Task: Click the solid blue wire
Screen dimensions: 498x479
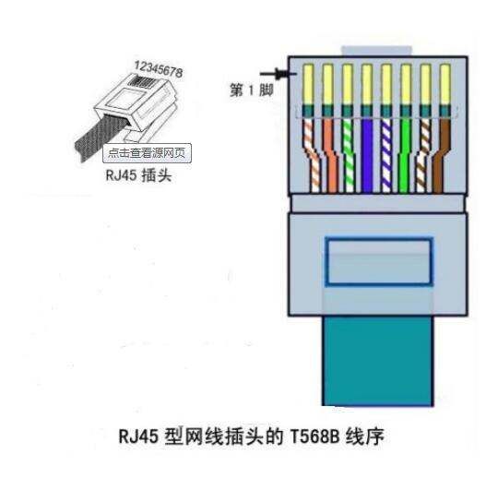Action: (x=367, y=155)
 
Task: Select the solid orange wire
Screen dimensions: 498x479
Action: (x=330, y=155)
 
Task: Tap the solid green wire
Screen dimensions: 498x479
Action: (x=405, y=155)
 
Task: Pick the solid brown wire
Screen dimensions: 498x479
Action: (x=441, y=155)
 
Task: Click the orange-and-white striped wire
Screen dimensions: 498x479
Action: (x=312, y=155)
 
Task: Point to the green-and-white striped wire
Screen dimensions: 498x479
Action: (x=348, y=155)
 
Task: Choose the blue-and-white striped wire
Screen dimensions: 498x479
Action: (x=386, y=155)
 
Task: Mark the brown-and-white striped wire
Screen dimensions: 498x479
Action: (x=423, y=155)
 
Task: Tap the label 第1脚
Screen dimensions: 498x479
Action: (x=252, y=90)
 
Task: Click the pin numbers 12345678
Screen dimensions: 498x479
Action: (x=159, y=69)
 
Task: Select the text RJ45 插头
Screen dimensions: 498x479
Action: (x=138, y=175)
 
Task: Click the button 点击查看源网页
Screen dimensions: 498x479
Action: (x=147, y=153)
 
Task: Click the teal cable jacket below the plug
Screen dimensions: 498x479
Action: (x=378, y=361)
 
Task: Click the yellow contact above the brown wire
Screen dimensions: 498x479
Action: (x=445, y=84)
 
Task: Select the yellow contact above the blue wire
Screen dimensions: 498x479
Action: (x=367, y=84)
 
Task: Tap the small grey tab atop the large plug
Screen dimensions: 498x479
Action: (x=376, y=51)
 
